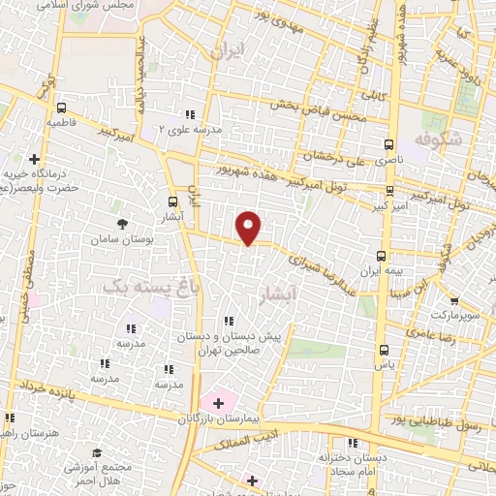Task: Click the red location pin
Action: coord(249,227)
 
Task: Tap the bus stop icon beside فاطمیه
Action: coord(62,108)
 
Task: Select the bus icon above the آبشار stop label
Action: coord(172,201)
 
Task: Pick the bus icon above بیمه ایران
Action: coord(380,255)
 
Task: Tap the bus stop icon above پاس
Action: coord(385,349)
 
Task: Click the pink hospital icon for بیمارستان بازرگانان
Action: coord(218,399)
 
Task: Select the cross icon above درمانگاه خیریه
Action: coord(34,158)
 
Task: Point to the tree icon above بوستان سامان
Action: coord(120,222)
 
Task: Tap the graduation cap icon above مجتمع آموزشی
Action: coord(97,452)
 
